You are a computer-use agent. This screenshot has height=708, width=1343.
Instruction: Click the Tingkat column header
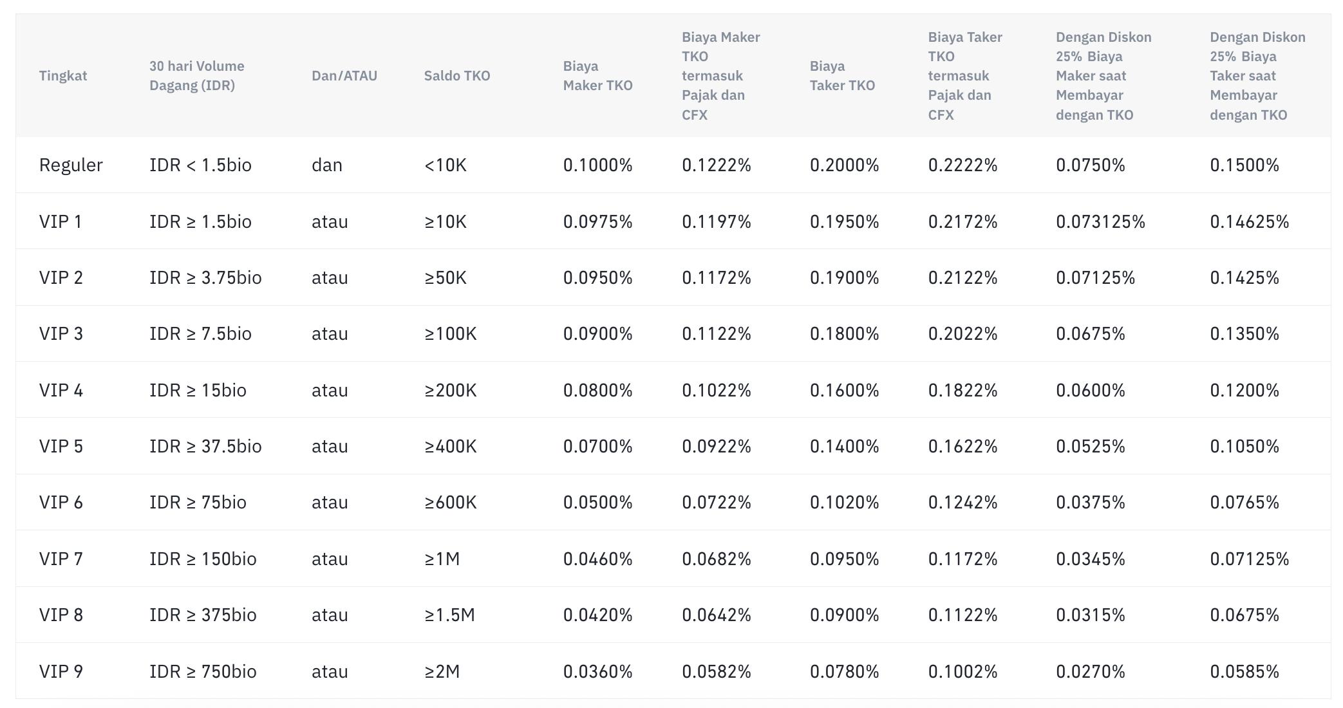[63, 76]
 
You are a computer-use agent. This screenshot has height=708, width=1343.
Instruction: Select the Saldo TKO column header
[457, 76]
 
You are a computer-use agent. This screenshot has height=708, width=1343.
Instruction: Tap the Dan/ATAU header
[344, 76]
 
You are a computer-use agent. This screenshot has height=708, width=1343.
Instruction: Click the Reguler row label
[71, 165]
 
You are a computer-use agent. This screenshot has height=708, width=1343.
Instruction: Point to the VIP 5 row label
[61, 447]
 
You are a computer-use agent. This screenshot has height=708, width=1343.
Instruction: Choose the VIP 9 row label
[61, 672]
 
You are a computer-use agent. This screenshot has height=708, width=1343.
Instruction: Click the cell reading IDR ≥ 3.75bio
[206, 278]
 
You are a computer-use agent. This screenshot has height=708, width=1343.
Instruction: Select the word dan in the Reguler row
[327, 165]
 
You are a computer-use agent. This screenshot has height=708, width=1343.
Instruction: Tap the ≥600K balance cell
[451, 503]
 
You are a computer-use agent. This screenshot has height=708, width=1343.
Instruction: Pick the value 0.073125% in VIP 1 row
[1101, 222]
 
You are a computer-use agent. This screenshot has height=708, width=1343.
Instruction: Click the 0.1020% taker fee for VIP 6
[845, 503]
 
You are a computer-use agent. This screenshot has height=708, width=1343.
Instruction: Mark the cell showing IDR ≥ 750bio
[203, 672]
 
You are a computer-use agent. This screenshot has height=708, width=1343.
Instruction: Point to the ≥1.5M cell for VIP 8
[449, 615]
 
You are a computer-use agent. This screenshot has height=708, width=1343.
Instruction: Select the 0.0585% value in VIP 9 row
[1244, 672]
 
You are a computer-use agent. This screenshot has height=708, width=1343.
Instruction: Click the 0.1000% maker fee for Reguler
[598, 165]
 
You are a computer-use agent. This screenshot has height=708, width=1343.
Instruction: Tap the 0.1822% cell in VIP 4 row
[963, 391]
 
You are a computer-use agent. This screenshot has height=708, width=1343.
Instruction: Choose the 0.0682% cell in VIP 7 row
[717, 559]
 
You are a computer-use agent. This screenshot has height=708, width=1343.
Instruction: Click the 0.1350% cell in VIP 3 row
[1244, 334]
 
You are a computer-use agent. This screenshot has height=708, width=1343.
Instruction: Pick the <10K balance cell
[446, 165]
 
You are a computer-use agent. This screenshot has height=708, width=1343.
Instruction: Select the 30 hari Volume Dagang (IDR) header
[197, 76]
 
